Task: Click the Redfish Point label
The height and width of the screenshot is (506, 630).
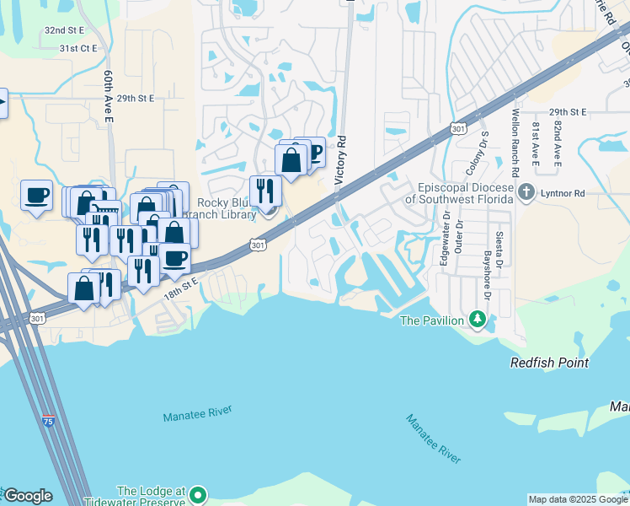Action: (549, 363)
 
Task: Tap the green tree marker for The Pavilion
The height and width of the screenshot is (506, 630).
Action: (478, 320)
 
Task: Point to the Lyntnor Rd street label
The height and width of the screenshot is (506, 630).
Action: (563, 194)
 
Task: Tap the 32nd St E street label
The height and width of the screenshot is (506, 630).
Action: (66, 30)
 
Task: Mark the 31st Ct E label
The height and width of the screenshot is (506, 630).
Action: (78, 49)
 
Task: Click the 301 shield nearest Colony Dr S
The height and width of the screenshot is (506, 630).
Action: (457, 129)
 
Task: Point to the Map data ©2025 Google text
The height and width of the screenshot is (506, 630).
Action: (578, 499)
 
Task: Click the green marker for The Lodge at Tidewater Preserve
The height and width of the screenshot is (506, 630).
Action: (198, 494)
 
